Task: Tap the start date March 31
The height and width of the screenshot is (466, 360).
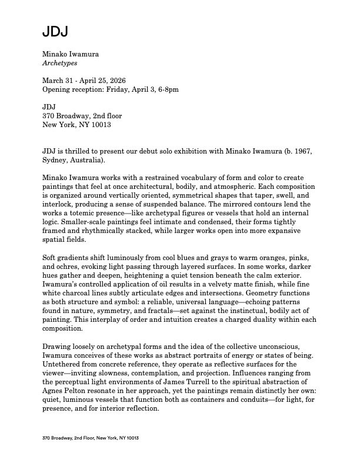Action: (x=61, y=81)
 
